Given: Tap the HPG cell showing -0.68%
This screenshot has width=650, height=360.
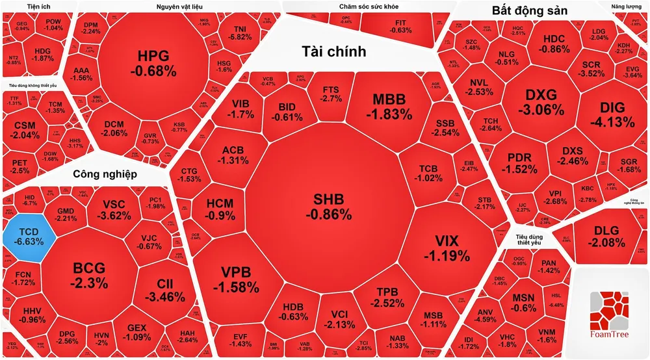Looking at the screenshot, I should pyautogui.click(x=153, y=62).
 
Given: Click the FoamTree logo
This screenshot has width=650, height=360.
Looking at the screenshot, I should pyautogui.click(x=609, y=315).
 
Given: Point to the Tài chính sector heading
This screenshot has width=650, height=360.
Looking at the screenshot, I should pyautogui.click(x=333, y=51).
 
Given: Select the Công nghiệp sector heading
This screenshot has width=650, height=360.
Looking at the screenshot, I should pyautogui.click(x=105, y=174).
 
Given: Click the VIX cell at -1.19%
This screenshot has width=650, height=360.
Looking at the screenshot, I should pyautogui.click(x=446, y=248).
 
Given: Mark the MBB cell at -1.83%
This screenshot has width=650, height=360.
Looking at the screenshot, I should pyautogui.click(x=388, y=107).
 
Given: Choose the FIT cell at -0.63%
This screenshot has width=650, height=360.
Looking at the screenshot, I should pyautogui.click(x=401, y=26).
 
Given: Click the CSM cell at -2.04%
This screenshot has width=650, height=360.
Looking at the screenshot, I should pyautogui.click(x=26, y=130).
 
